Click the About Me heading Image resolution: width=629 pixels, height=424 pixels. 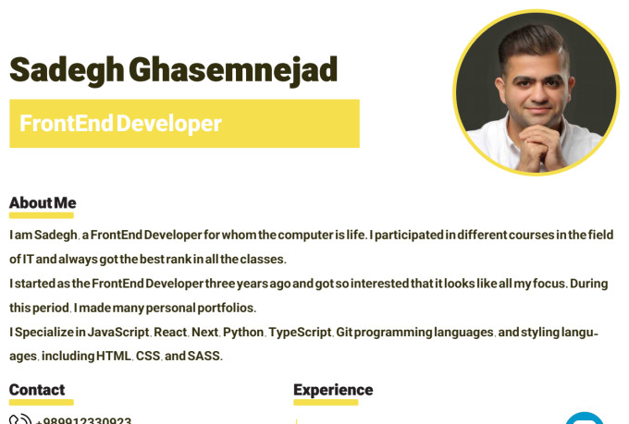43,203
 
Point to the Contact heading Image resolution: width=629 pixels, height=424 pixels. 37,390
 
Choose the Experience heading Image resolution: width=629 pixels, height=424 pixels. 333,390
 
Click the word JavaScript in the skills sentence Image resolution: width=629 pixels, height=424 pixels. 117,332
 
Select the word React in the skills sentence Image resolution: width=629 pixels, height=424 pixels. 170,332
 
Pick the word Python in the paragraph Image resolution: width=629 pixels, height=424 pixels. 243,332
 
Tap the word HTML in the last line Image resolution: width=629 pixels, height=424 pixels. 114,356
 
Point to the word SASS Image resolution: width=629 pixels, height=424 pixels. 203,356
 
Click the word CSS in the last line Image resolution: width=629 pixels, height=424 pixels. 148,356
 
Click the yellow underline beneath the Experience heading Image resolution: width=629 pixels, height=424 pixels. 326,403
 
